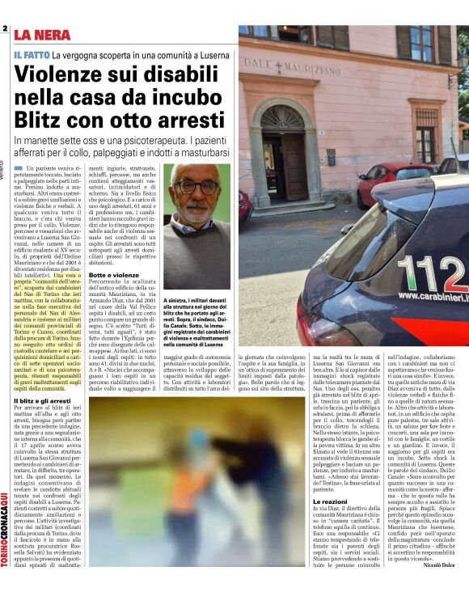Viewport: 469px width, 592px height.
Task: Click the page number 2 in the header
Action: [x=5, y=30]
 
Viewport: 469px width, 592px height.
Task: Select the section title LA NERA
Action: [x=40, y=36]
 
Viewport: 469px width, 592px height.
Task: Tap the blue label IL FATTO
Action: [x=31, y=54]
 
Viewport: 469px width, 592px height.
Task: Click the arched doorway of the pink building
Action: [x=283, y=146]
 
